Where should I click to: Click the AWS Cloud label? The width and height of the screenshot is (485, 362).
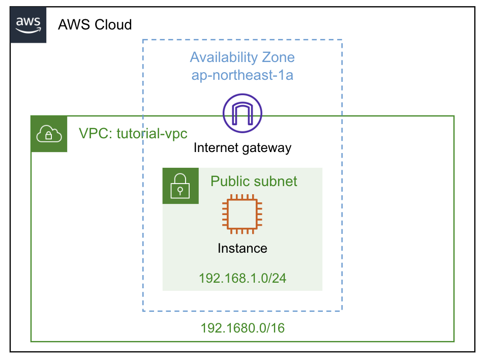(95, 24)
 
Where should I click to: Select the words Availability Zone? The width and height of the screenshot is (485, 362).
(242, 57)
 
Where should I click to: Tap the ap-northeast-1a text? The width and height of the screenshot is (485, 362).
(242, 76)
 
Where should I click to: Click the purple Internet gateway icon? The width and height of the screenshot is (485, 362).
(242, 113)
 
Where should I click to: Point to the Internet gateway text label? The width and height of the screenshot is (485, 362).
(242, 148)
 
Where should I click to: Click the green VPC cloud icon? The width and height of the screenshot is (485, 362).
(49, 134)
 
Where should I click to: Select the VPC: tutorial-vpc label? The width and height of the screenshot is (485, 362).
(133, 134)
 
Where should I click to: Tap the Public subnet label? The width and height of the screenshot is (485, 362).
(254, 181)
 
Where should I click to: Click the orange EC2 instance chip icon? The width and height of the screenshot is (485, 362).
(242, 214)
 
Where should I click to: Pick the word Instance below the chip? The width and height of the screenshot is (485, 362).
(242, 248)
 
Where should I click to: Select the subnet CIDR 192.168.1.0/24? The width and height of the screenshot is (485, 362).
(242, 278)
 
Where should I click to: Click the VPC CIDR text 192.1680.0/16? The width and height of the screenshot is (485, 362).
(242, 328)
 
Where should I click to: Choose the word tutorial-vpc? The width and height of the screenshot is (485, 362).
(152, 134)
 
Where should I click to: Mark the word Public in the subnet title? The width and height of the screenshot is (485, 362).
(229, 181)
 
